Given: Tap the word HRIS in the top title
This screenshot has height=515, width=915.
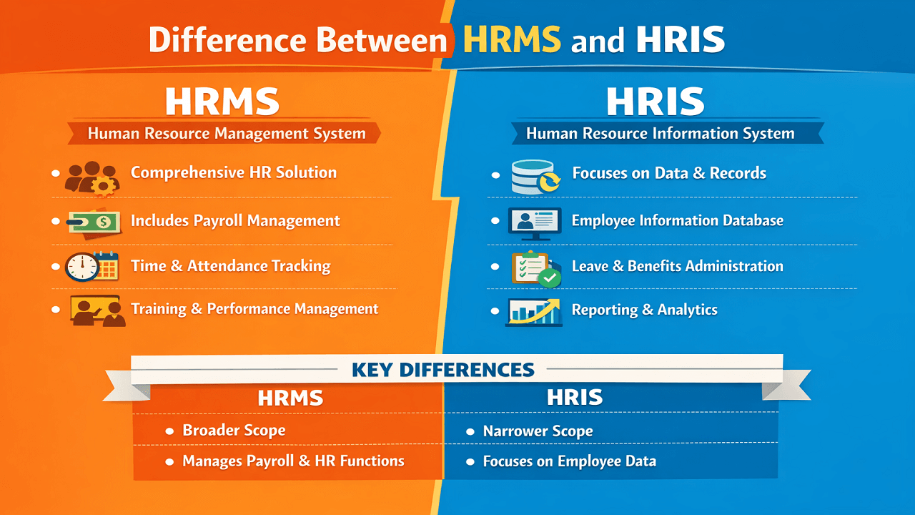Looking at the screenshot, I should [680, 40].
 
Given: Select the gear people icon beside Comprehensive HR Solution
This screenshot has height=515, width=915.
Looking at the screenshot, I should [91, 178].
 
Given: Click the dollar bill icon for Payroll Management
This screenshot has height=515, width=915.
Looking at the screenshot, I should [93, 224].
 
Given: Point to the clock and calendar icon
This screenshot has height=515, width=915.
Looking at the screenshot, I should [91, 267].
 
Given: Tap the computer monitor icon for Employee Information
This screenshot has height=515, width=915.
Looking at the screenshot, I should [535, 222].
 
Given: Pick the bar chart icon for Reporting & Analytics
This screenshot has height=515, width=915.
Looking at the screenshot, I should [534, 312].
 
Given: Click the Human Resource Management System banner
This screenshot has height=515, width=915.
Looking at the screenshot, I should [226, 133].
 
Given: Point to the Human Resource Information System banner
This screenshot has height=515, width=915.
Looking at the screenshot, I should [660, 134].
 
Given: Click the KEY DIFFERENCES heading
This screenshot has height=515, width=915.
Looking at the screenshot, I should [443, 370].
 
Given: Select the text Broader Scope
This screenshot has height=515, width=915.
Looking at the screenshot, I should [234, 431].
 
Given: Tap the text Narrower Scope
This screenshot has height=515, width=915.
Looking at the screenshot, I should [538, 431].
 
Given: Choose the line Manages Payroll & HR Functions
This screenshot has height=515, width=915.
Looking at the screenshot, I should [293, 461].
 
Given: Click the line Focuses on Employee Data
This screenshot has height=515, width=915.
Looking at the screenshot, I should [569, 461].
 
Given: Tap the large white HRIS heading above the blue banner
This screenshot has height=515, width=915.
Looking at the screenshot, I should [656, 103].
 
